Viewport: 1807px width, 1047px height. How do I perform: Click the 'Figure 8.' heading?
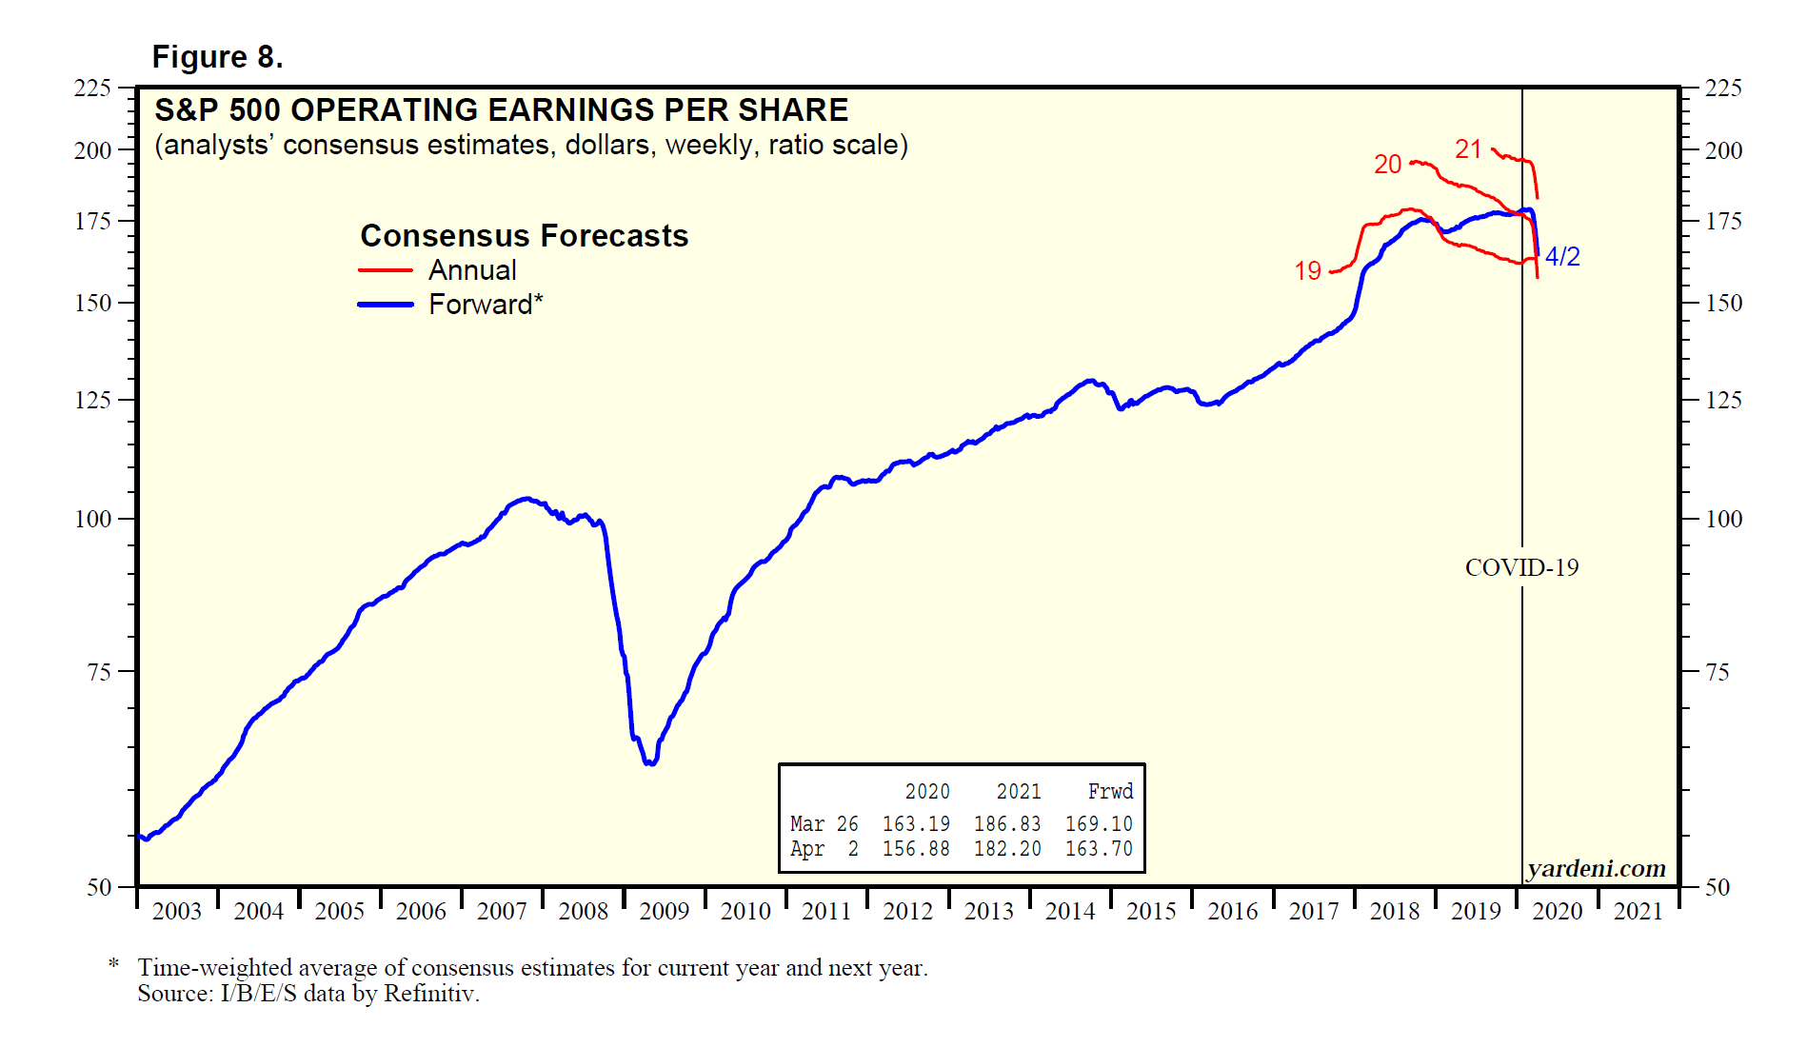217,57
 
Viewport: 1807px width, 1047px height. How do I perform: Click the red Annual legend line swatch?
385,270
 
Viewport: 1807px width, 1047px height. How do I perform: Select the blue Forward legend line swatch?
385,305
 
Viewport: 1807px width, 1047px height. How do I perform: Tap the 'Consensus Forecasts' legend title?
524,235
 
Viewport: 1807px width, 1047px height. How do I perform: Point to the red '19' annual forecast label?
1307,271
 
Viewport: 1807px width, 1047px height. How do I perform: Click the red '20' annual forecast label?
1387,165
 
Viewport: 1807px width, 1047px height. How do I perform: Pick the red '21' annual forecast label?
1468,149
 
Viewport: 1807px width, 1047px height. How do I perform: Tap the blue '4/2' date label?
1562,257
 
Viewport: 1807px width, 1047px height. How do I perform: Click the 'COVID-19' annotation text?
1521,568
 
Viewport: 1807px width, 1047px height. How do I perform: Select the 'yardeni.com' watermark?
1597,868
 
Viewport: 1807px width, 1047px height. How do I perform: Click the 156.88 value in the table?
916,848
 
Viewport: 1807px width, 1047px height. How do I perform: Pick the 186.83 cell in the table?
1007,823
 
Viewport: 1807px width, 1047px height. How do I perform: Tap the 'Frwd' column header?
1110,792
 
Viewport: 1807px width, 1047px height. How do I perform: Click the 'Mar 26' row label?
824,823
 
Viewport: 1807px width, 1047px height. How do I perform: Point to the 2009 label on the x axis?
664,912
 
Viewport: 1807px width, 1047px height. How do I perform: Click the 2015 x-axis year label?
1151,912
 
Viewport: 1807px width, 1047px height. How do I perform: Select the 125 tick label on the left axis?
92,400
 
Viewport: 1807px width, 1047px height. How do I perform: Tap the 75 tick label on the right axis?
1717,673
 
